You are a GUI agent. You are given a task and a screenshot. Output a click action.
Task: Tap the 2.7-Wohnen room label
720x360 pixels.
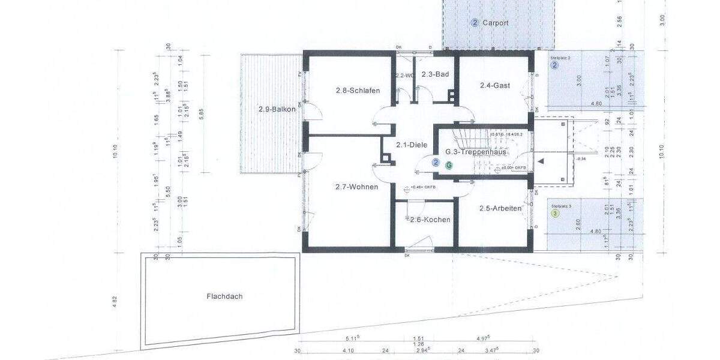(356, 187)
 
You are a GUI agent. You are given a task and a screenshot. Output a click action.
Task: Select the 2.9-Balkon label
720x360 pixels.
(277, 109)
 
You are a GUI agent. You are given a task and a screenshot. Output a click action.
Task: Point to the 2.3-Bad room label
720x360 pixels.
(435, 74)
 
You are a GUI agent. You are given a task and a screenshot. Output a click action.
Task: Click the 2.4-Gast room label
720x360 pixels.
(494, 85)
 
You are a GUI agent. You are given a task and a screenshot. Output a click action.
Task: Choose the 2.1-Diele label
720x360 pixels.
(411, 145)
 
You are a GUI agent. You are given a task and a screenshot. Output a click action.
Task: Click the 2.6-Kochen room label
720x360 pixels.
(430, 220)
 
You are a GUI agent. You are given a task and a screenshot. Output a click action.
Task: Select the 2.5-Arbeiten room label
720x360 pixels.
(500, 208)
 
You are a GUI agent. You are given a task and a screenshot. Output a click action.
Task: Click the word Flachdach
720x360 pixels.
(224, 296)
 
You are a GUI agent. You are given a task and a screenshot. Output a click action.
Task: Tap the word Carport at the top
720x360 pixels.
(496, 23)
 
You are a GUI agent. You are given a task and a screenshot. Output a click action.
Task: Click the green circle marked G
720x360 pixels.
(448, 164)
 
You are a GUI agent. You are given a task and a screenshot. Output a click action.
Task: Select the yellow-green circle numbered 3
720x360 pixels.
(555, 213)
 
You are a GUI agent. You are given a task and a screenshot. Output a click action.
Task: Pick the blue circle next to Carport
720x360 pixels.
(475, 23)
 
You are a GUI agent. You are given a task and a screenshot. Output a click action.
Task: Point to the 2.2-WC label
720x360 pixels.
(404, 76)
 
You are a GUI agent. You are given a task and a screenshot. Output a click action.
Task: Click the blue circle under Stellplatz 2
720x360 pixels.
(555, 65)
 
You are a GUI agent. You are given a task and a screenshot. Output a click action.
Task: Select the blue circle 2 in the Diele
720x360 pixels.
(436, 162)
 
